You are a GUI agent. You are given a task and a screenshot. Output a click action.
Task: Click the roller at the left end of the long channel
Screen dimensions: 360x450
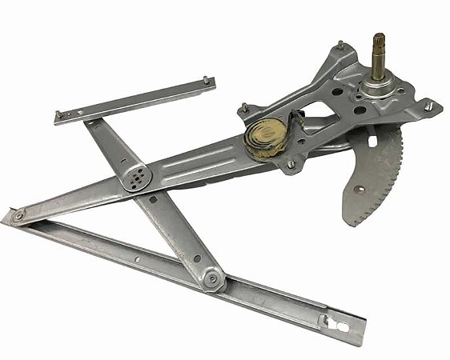(17, 215)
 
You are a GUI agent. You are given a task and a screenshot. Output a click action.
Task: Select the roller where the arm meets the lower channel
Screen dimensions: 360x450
(212, 278)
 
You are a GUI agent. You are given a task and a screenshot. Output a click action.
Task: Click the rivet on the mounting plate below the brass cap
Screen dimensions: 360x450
(290, 165)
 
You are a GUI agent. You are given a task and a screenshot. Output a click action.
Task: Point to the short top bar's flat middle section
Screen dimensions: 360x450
(132, 100)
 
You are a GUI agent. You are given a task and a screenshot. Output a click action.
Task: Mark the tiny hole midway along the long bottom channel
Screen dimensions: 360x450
(139, 258)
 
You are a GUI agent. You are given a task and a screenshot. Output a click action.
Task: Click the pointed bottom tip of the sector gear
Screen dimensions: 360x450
(350, 221)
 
